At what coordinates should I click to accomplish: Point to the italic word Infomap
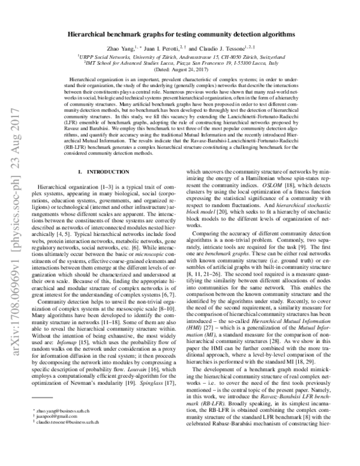point(77,351)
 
